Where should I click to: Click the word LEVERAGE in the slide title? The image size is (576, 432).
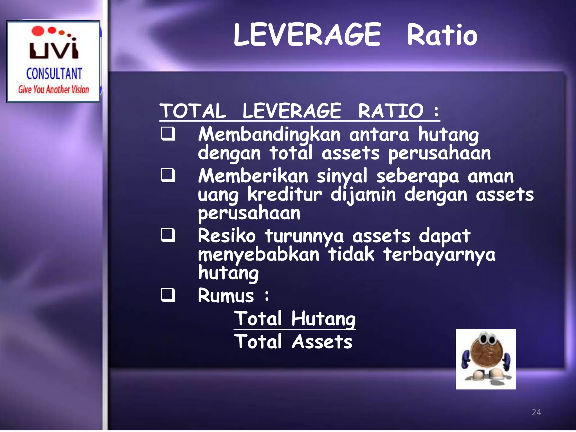[307, 35]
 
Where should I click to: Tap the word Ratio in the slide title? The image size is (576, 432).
[442, 35]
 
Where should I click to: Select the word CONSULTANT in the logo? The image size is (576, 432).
[54, 74]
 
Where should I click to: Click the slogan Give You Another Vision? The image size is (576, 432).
[53, 89]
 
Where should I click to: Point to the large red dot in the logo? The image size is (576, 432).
[38, 31]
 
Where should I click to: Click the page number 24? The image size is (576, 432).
[536, 412]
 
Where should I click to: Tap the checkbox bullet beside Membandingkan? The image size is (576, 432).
[168, 134]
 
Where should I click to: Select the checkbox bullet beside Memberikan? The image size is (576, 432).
[168, 175]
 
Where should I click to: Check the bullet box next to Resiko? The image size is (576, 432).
[168, 235]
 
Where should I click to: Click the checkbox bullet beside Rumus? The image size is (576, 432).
[168, 295]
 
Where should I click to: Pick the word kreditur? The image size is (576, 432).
[285, 195]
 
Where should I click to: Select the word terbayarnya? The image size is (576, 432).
[439, 255]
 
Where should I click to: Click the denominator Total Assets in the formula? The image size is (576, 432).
[293, 342]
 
